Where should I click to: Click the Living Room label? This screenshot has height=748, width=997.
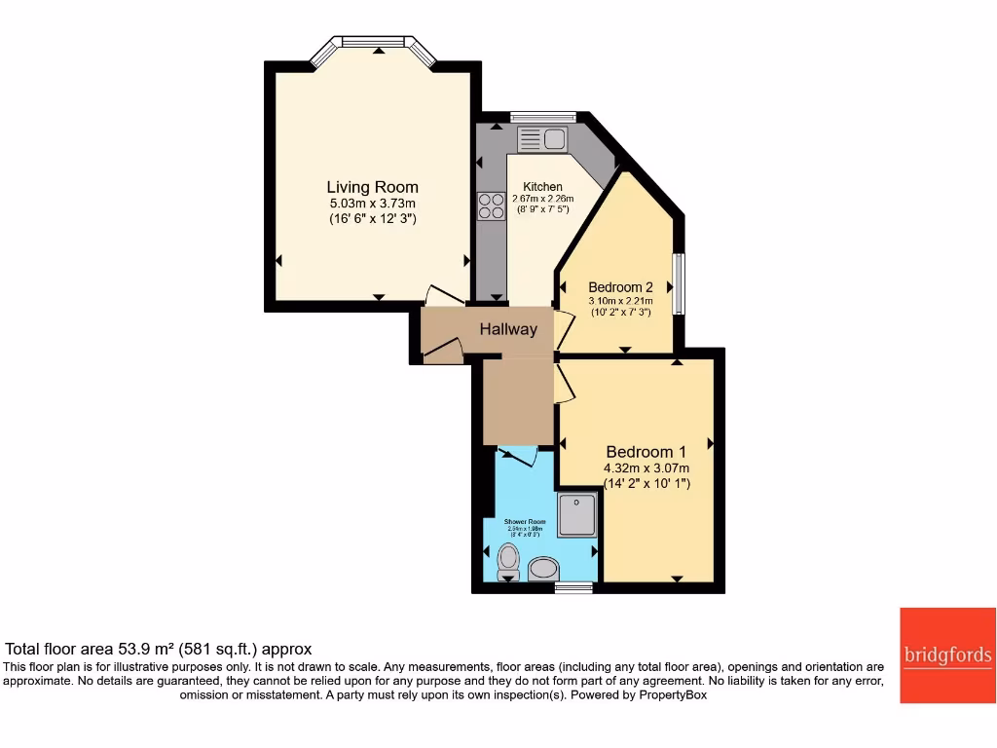pos(372,187)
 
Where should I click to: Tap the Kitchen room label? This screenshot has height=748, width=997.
pos(542,187)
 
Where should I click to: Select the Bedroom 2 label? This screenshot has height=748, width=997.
pos(620,287)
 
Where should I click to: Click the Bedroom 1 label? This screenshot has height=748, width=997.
pos(646,452)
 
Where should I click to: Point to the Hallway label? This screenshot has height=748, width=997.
pos(507,329)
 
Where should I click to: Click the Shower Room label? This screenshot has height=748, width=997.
pos(525,522)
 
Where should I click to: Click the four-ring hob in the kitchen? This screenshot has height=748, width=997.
pos(492,206)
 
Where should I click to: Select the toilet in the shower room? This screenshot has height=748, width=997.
pos(508,560)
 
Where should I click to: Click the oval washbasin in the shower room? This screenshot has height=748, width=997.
pos(542,569)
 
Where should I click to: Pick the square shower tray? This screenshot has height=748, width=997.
pos(577,515)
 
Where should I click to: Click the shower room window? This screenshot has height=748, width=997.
pos(573,587)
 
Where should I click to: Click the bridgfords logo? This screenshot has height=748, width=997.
pos(947,655)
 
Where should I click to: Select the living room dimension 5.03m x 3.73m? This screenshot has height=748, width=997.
pos(372,204)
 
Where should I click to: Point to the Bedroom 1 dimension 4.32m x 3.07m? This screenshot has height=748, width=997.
pos(646,467)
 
